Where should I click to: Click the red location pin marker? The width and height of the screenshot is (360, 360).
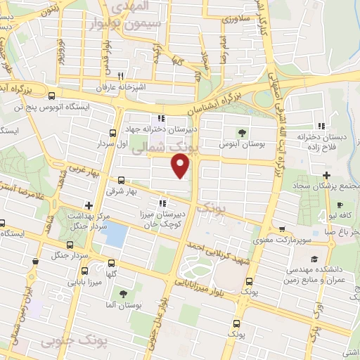[181, 165]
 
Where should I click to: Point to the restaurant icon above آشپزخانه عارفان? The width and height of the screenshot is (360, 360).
[121, 75]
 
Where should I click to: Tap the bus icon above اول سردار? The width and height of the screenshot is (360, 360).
[112, 133]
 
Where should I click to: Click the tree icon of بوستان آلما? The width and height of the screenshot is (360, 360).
[124, 294]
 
